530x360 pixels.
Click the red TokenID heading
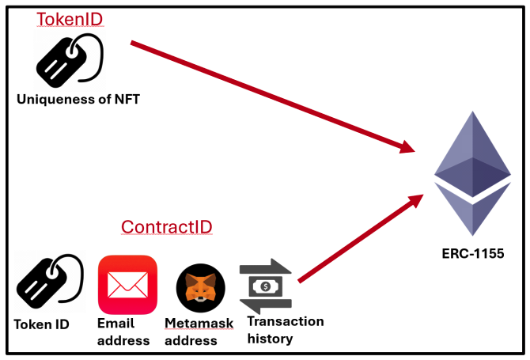coord(70,19)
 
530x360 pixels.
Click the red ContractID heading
coord(166,227)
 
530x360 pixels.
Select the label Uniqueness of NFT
coord(78,99)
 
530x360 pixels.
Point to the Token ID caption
coord(41,324)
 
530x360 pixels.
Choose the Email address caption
coord(123,332)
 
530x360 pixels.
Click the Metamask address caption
coord(194,332)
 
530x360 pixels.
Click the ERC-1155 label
coord(473,254)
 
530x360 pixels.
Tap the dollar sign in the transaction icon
coord(267,286)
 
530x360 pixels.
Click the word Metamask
coord(194,324)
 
